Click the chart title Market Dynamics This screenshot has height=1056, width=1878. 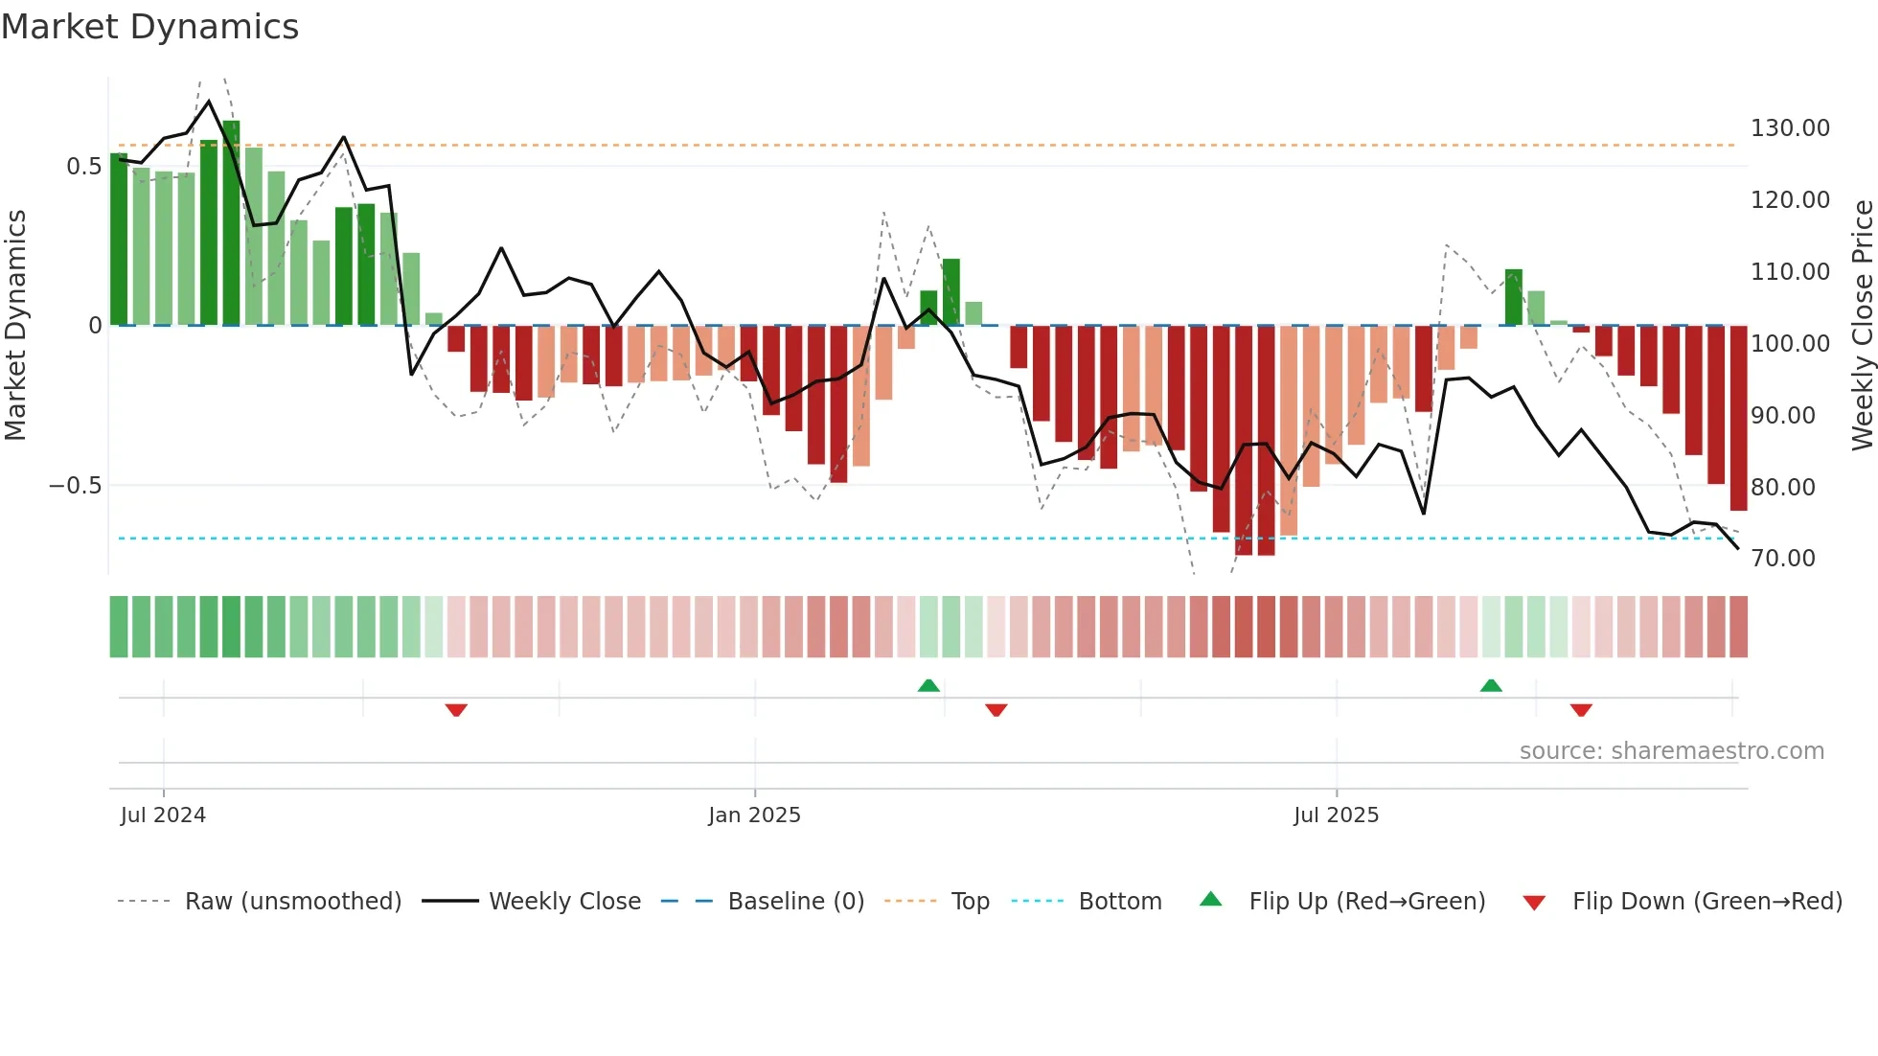[x=150, y=27]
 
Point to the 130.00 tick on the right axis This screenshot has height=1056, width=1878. [x=1790, y=128]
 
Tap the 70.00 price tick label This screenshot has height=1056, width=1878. [x=1783, y=559]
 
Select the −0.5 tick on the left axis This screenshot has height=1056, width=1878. [x=76, y=486]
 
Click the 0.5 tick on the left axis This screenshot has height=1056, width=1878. [x=83, y=167]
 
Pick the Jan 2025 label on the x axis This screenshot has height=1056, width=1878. [x=754, y=815]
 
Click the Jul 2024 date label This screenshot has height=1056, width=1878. [x=163, y=815]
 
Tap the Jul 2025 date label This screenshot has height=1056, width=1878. [x=1336, y=815]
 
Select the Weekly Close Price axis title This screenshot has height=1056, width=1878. [x=1862, y=325]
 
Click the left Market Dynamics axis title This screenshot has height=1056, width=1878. [x=15, y=325]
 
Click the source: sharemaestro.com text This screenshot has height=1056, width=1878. [x=1671, y=751]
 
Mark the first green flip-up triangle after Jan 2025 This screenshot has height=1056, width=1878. [x=928, y=685]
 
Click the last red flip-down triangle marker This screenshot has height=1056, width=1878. [x=1581, y=710]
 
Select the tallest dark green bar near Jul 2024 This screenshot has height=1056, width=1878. [x=231, y=222]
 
